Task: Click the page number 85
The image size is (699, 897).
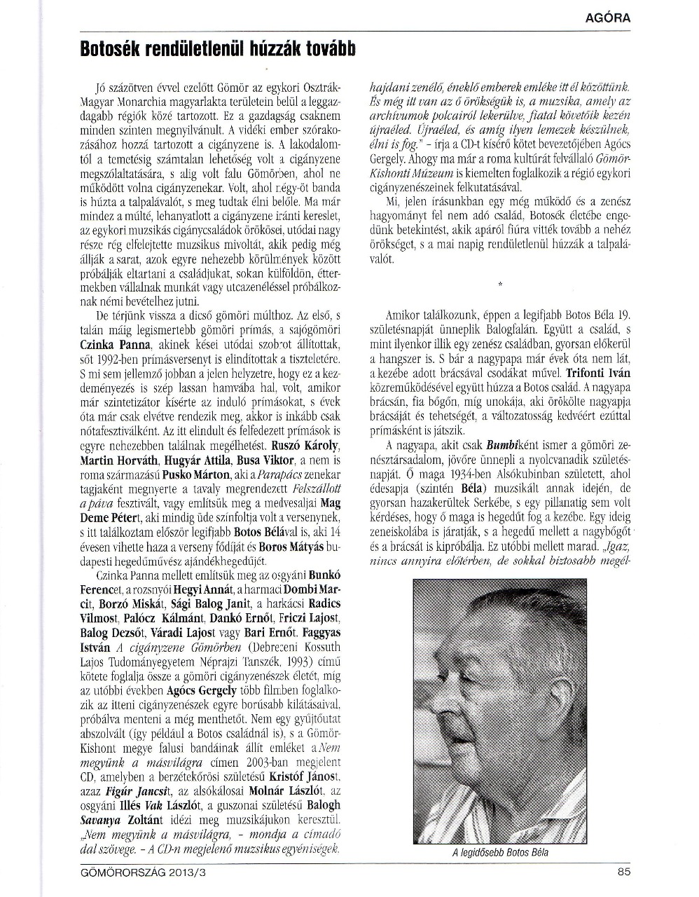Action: click(623, 872)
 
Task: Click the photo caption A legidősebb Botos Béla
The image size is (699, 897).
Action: click(499, 853)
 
